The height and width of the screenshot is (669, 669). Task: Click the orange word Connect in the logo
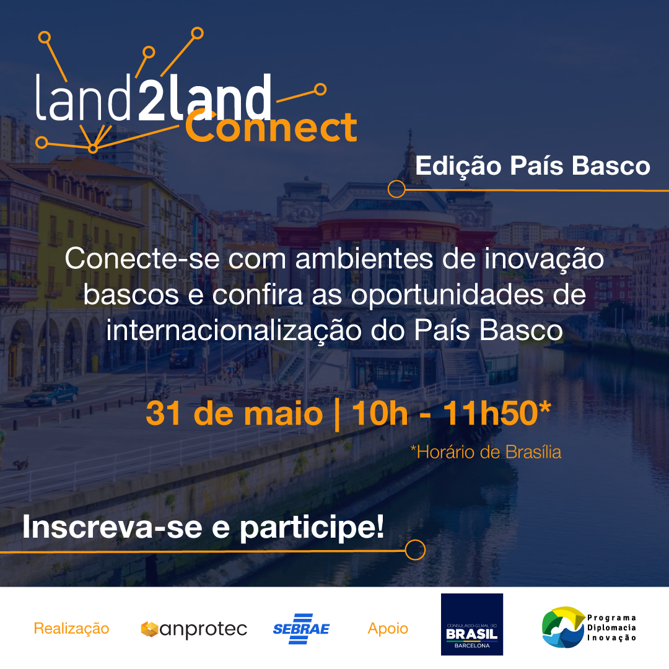(271, 126)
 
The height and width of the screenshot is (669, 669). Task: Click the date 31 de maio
(234, 413)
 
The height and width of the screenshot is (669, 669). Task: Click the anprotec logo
(194, 629)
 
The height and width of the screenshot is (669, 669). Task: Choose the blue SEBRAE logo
(301, 629)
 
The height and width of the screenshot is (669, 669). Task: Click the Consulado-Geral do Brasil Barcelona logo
(472, 624)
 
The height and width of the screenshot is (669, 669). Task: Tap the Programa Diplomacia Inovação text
(611, 627)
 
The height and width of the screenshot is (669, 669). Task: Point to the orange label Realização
(71, 629)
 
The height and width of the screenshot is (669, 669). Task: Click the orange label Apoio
(388, 629)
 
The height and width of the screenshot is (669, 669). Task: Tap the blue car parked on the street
(51, 394)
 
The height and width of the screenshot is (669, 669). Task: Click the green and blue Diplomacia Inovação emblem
(563, 627)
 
